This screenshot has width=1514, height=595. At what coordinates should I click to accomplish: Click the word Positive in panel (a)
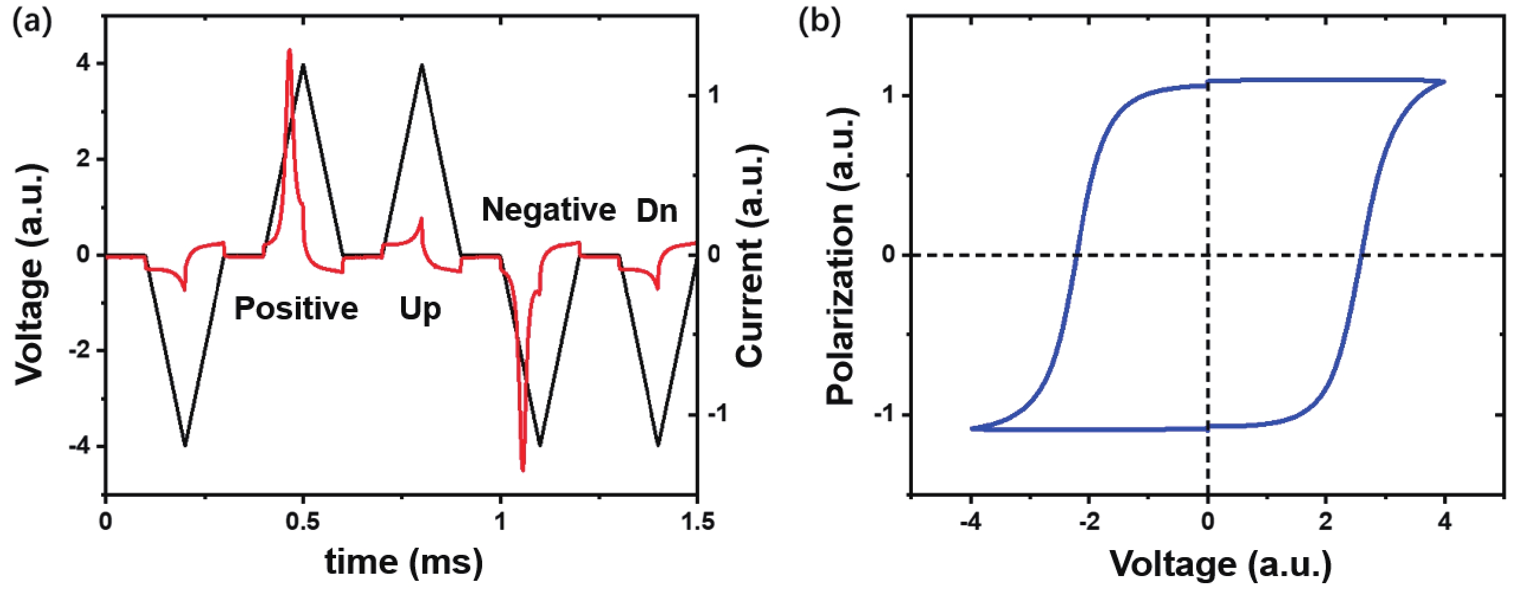tap(296, 309)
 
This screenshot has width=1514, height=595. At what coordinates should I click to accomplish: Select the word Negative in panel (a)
tap(548, 210)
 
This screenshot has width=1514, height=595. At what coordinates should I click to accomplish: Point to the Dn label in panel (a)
tap(656, 211)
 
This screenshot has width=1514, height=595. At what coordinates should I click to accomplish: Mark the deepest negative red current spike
tap(522, 468)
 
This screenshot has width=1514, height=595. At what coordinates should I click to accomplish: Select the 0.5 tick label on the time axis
tap(303, 522)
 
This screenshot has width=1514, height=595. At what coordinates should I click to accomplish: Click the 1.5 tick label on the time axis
tap(698, 522)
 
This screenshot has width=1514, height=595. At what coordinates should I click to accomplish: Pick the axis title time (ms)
tap(403, 562)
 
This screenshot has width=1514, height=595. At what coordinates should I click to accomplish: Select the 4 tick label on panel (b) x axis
tap(1445, 522)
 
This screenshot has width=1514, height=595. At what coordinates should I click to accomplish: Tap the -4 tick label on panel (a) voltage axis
tap(79, 447)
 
